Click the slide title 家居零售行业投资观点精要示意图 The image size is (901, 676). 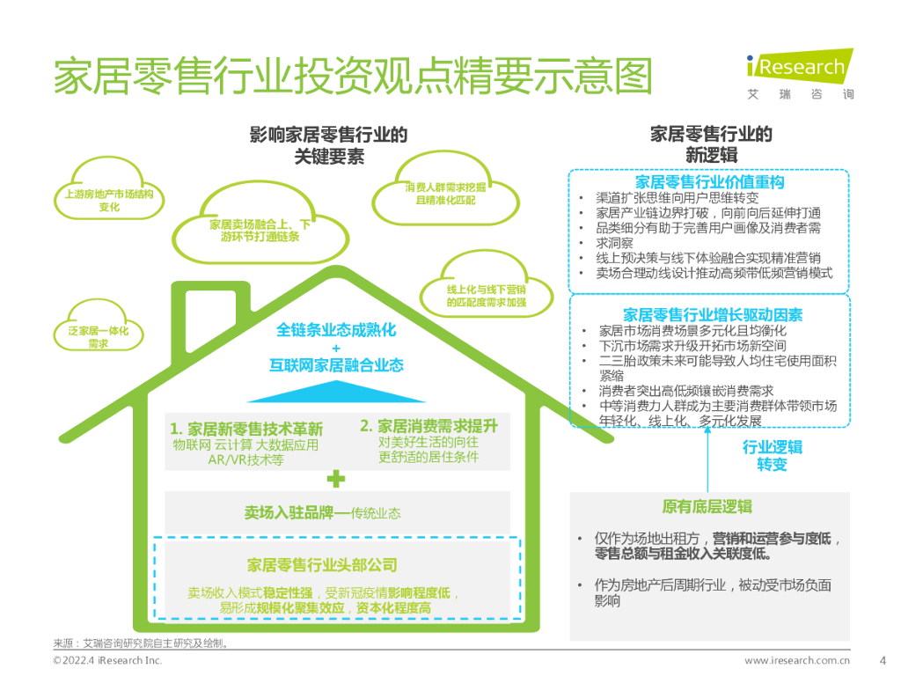tap(352, 77)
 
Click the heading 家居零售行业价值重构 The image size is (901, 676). tap(709, 182)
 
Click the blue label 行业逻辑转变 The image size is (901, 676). tap(772, 455)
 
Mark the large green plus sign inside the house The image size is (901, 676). tap(335, 480)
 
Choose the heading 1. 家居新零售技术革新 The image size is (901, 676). tap(246, 430)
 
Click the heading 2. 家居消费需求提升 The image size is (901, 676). tap(429, 426)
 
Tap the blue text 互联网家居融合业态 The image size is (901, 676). tap(336, 365)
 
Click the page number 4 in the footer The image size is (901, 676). tap(882, 660)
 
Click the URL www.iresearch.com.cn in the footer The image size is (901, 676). tap(797, 661)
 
